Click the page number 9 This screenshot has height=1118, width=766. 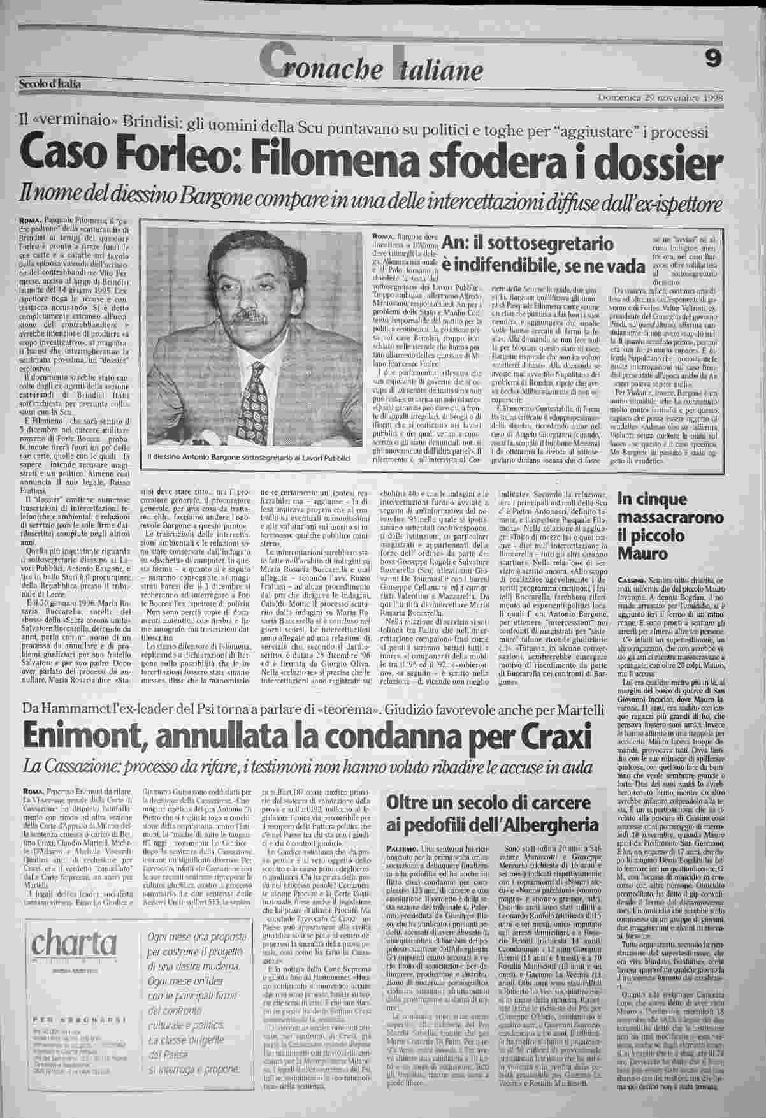pyautogui.click(x=713, y=59)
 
